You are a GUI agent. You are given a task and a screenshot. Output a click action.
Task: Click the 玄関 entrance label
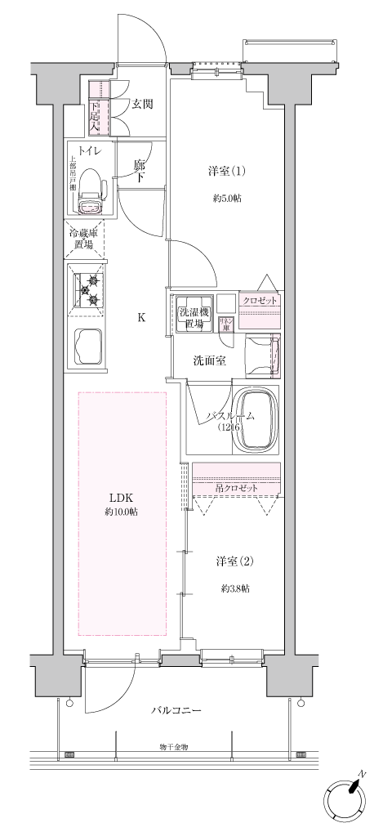(x=143, y=104)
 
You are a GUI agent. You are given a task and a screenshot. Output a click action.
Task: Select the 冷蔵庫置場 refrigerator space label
(x=85, y=239)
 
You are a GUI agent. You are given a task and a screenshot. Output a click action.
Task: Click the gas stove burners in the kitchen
(x=88, y=289)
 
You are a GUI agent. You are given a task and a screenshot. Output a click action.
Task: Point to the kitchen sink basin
(x=88, y=347)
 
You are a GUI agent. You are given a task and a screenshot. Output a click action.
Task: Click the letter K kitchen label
(x=141, y=318)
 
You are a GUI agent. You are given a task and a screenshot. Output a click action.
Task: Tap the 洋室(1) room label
(x=226, y=172)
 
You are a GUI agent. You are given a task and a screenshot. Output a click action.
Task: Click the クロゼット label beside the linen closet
(x=260, y=300)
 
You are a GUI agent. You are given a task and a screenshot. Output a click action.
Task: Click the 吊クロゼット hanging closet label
(x=237, y=488)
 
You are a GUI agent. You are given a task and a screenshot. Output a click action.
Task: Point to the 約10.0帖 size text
(x=122, y=512)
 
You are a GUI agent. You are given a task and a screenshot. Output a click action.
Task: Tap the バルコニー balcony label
(x=176, y=710)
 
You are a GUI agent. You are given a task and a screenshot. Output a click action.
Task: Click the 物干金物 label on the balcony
(x=174, y=747)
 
